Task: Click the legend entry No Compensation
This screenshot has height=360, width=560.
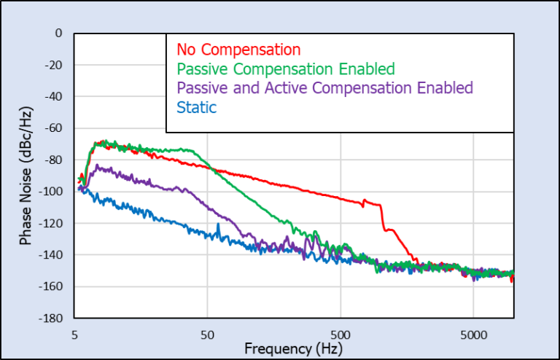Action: pyautogui.click(x=238, y=50)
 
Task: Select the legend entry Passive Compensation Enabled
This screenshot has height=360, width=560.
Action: pyautogui.click(x=285, y=69)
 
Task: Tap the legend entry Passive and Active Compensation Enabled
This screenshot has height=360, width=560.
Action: pyautogui.click(x=324, y=88)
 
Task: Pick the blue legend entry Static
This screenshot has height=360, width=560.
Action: pyautogui.click(x=197, y=107)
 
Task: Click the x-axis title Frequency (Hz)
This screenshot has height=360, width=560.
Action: pyautogui.click(x=294, y=348)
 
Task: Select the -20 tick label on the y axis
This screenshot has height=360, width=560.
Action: pyautogui.click(x=54, y=65)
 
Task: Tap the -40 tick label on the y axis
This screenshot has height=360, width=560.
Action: pyautogui.click(x=54, y=97)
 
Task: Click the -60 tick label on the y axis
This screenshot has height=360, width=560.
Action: pyautogui.click(x=54, y=128)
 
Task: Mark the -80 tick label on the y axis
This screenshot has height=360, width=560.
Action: pyautogui.click(x=54, y=160)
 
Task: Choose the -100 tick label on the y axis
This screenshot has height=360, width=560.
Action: pyautogui.click(x=51, y=192)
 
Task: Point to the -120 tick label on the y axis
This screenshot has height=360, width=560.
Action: pyautogui.click(x=51, y=224)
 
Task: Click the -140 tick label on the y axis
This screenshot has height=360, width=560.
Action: pyautogui.click(x=51, y=255)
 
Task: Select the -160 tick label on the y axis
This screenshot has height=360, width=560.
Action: pyautogui.click(x=51, y=287)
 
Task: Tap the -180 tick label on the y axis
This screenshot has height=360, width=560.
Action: pyautogui.click(x=51, y=318)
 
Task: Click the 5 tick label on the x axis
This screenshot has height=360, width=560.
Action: pyautogui.click(x=75, y=332)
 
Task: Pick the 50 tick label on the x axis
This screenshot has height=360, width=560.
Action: pyautogui.click(x=208, y=332)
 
